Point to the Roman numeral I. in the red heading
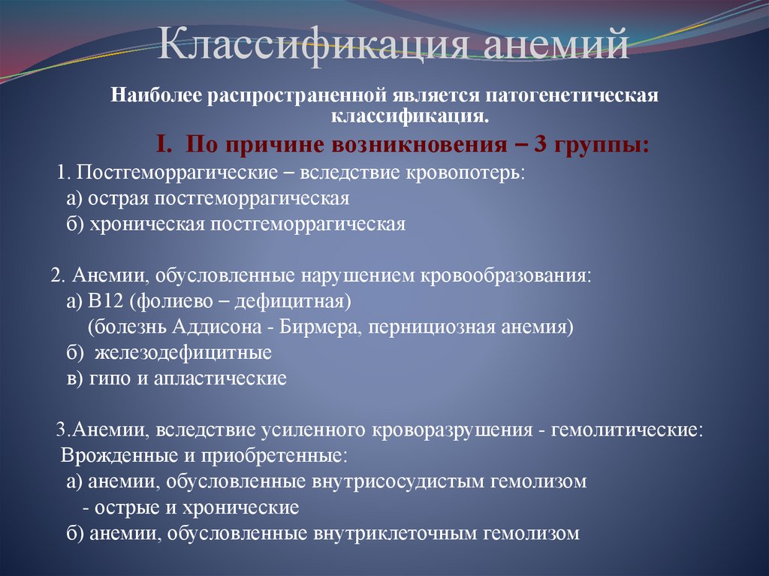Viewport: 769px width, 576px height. [165, 143]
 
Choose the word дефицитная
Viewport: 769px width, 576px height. [300, 302]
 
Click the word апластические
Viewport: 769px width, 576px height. [220, 378]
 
